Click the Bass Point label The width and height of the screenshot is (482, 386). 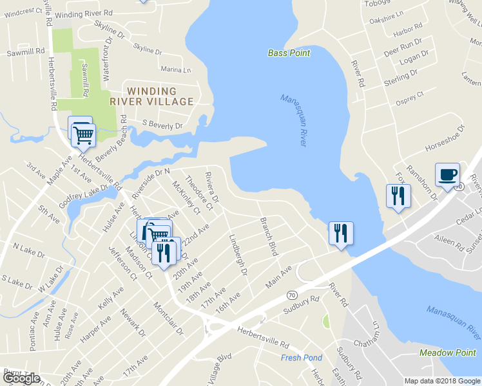(289, 53)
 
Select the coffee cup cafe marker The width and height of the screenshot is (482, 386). (447, 174)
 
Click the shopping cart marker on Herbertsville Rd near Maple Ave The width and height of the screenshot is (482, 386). (82, 135)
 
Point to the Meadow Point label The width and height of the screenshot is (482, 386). (447, 353)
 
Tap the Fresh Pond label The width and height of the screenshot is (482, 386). (301, 358)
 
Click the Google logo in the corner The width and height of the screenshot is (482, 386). (21, 378)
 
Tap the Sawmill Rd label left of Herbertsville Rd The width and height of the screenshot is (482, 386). (26, 50)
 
